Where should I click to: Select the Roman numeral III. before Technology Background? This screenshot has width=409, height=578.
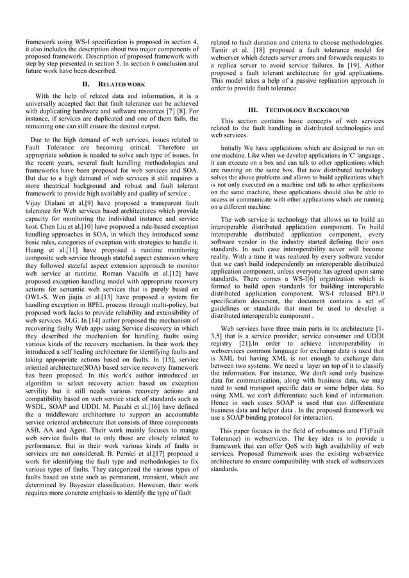pos(253,110)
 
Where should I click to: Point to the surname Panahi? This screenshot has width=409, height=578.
pos(135,406)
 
